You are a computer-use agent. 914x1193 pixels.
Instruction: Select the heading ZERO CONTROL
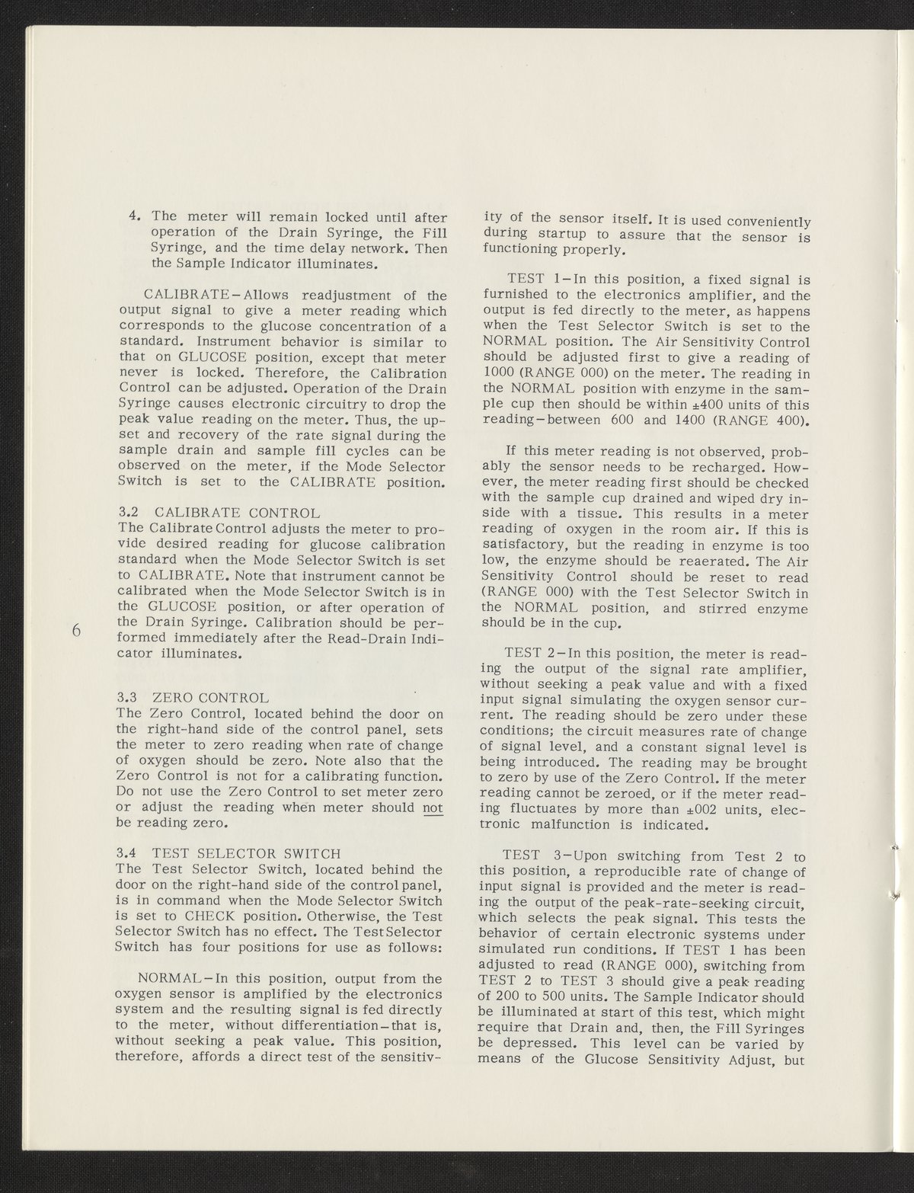pyautogui.click(x=210, y=697)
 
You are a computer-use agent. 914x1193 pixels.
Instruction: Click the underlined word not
pyautogui.click(x=433, y=808)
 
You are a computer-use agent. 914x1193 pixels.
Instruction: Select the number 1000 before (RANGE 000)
pyautogui.click(x=502, y=373)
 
